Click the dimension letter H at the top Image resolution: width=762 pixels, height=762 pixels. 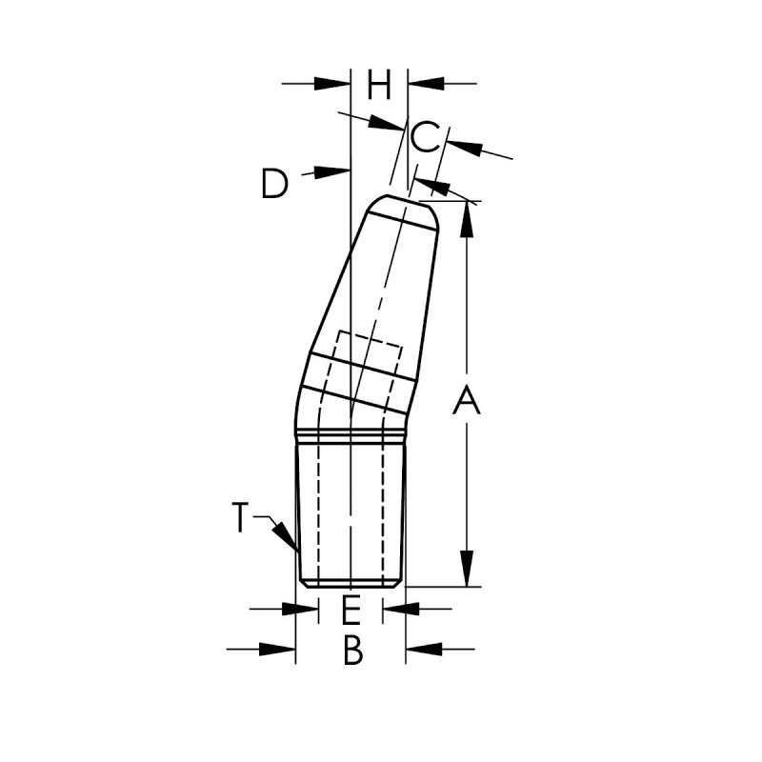pos(378,85)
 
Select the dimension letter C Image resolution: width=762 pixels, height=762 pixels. pos(426,137)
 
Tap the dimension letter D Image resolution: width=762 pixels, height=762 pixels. pos(274,183)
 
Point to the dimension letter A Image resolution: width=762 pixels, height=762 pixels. pos(466,399)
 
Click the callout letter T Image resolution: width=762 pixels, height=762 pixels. pos(240,517)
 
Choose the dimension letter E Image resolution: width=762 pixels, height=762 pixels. pos(351,610)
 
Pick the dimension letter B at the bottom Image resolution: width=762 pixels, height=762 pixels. pos(352,650)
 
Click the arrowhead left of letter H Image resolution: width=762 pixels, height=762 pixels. pos(332,84)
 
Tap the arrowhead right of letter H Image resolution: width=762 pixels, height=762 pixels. pos(426,84)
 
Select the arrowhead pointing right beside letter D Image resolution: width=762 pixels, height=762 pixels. pos(332,171)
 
